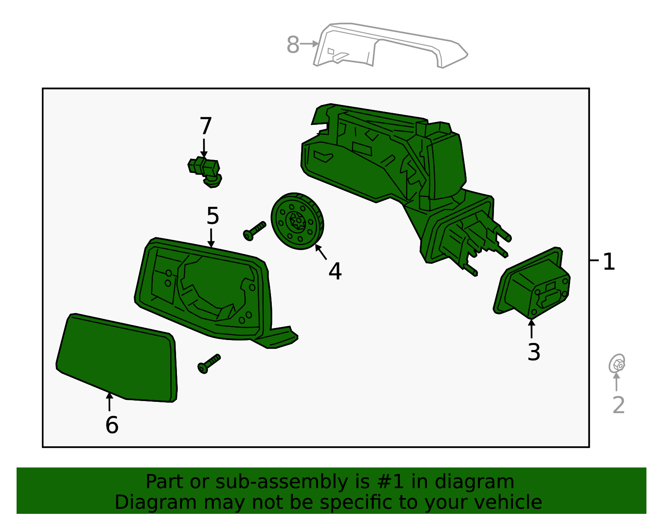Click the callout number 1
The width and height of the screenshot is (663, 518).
pyautogui.click(x=608, y=262)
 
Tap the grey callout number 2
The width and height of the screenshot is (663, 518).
pyautogui.click(x=618, y=405)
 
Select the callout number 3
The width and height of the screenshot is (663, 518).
pyautogui.click(x=534, y=352)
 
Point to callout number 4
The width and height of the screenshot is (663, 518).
pyautogui.click(x=335, y=271)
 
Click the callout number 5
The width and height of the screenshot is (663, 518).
pyautogui.click(x=213, y=216)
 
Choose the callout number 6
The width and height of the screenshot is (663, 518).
pyautogui.click(x=112, y=425)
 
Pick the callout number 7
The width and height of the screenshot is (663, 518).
pyautogui.click(x=206, y=126)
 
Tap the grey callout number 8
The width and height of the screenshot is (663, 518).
pyautogui.click(x=293, y=45)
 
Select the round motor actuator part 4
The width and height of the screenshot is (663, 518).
pyautogui.click(x=297, y=221)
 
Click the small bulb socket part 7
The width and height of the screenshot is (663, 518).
pyautogui.click(x=205, y=170)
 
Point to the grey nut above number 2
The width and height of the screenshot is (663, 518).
pyautogui.click(x=617, y=364)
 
